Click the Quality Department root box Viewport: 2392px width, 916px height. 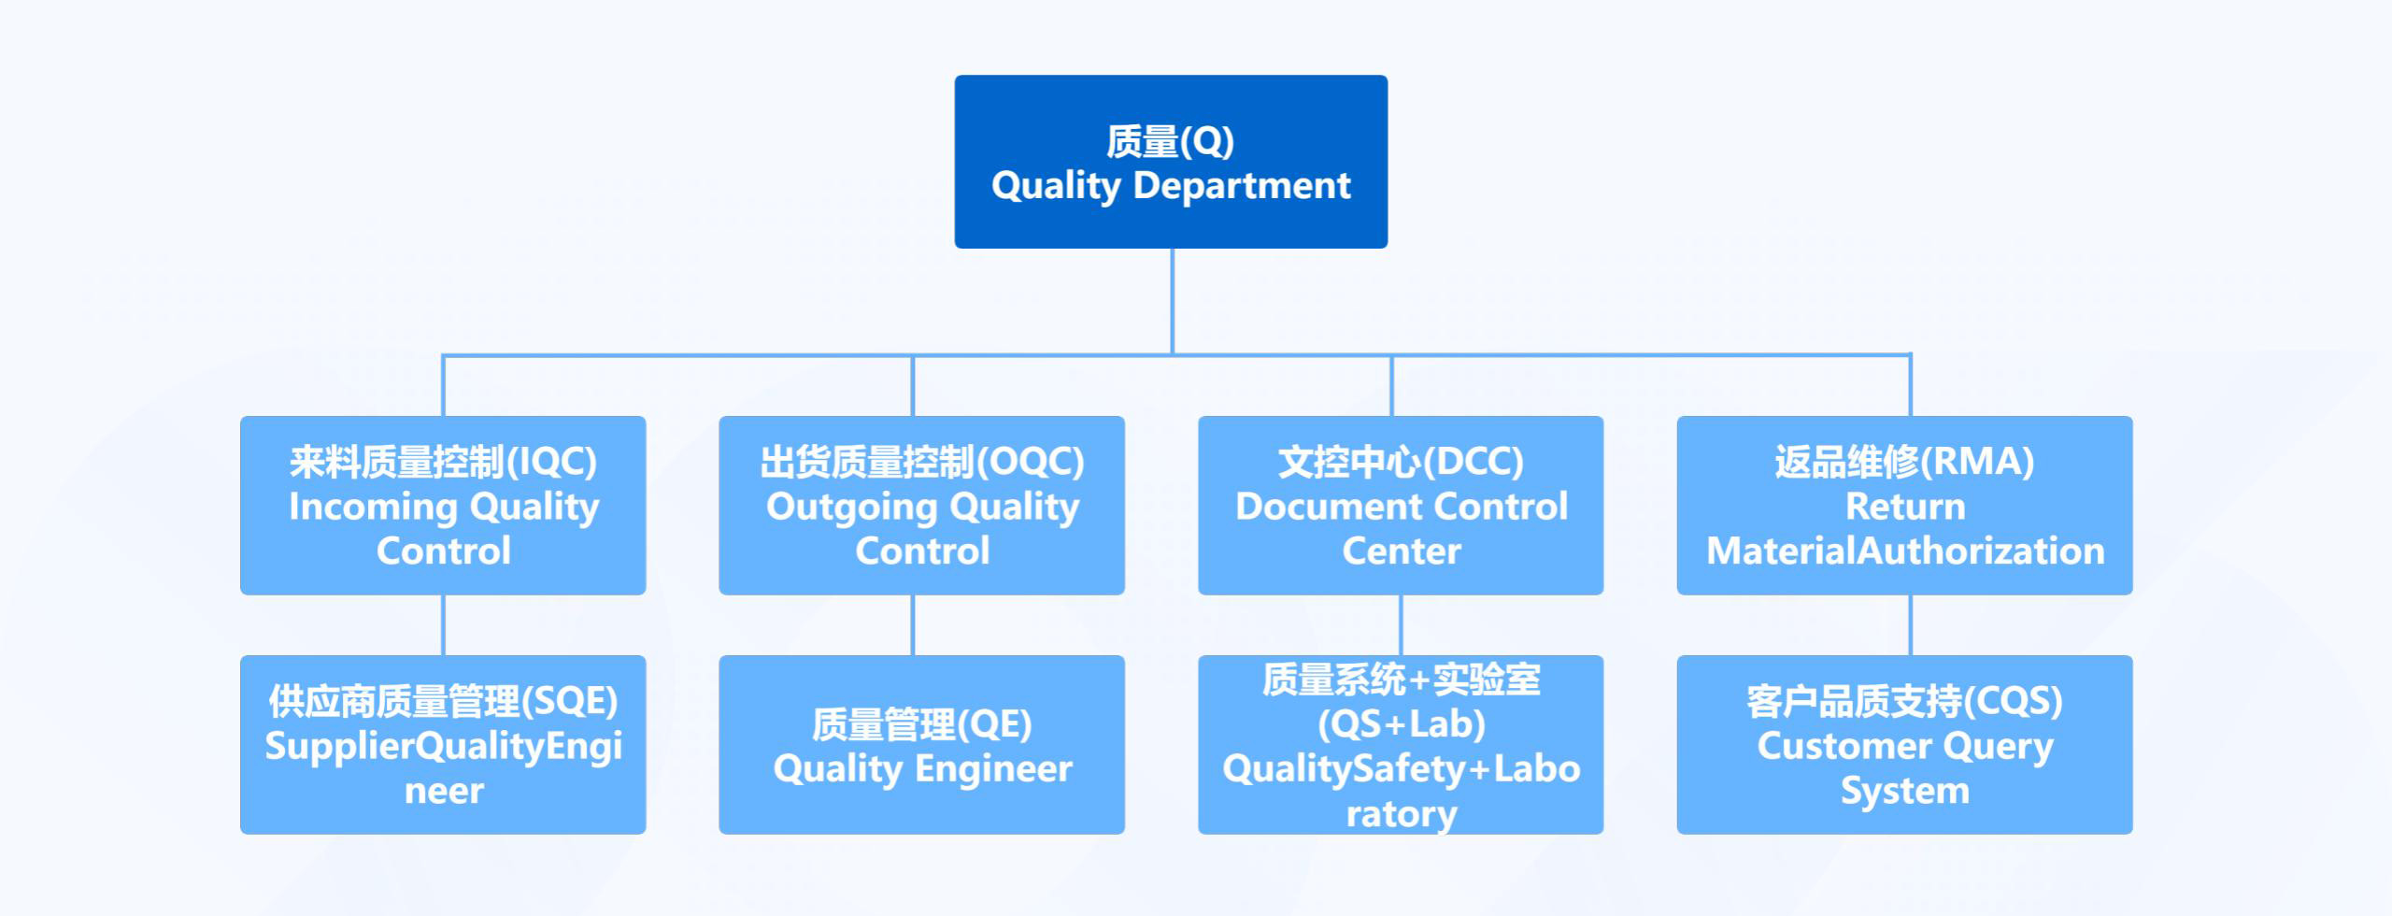click(1171, 162)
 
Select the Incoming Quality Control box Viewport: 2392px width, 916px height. click(443, 505)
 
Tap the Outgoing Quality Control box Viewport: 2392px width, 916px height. click(921, 505)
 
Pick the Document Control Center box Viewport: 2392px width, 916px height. click(1401, 505)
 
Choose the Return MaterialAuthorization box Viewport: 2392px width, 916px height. click(1904, 505)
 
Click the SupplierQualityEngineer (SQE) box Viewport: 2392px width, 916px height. click(443, 744)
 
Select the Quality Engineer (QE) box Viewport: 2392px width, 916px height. click(921, 744)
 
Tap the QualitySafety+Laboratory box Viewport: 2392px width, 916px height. click(1401, 744)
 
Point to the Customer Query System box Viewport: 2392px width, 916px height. click(1904, 744)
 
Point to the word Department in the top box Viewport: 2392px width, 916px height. click(1242, 186)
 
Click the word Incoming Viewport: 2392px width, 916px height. click(373, 507)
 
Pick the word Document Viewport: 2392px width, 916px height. click(1320, 507)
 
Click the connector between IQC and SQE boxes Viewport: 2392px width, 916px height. click(443, 624)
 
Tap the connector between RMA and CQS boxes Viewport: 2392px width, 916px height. click(1910, 624)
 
